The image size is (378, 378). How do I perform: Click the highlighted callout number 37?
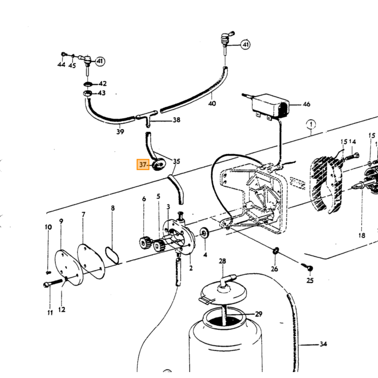pos(143,165)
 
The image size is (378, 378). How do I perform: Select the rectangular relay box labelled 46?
pos(270,106)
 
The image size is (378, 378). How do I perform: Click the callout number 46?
pos(306,104)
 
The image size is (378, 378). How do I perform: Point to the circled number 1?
pos(311,125)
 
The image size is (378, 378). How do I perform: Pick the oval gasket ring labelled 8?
pos(112,255)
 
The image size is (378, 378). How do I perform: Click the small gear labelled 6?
pos(144,243)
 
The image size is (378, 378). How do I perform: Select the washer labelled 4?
pos(205,233)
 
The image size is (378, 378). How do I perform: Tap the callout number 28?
pos(222,261)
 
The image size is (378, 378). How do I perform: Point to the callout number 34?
pos(323,344)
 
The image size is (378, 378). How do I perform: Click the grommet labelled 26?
pos(275,251)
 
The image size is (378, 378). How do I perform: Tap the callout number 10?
pos(48,227)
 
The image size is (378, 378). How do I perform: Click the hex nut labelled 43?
pos(87,93)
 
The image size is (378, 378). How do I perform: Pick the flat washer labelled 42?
pos(88,84)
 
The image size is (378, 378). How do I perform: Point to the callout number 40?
pos(212,104)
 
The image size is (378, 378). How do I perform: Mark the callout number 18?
pos(362,235)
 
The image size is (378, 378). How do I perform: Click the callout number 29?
pos(259,314)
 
